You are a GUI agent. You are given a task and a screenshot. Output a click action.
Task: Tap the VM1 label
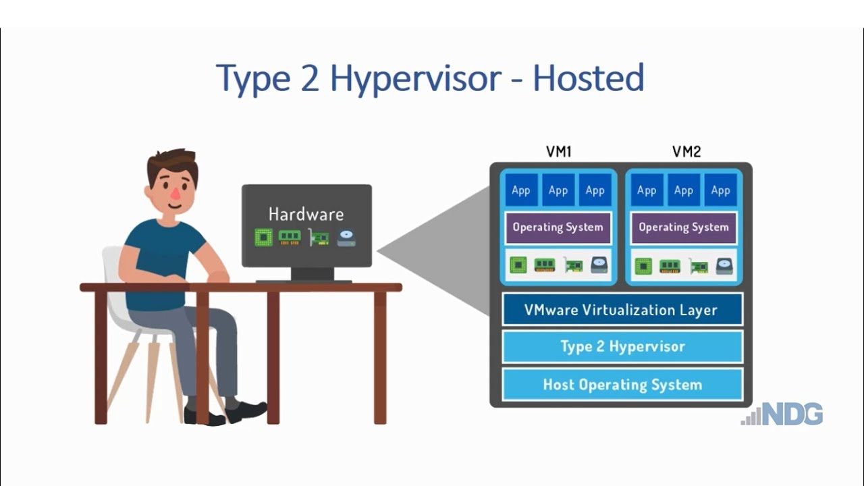pos(558,152)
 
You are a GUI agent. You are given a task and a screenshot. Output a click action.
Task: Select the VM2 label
pos(686,152)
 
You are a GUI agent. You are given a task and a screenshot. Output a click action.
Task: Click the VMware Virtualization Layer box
pos(622,310)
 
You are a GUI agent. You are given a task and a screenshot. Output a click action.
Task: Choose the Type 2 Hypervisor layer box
pos(622,347)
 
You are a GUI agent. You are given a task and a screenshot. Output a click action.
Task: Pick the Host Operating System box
pos(622,385)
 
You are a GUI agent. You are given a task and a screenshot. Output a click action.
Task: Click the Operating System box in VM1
pos(558,227)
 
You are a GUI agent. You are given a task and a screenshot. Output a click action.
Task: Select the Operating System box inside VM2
pos(684,227)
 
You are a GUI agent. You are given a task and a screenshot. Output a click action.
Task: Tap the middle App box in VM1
pos(558,190)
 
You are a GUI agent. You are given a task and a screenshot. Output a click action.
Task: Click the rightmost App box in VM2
pos(721,190)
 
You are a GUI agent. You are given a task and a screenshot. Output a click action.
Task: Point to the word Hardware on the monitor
pos(306,215)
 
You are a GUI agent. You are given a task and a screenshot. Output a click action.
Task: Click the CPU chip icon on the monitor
pos(263,238)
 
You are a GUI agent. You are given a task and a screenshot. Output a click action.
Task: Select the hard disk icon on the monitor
pos(346,238)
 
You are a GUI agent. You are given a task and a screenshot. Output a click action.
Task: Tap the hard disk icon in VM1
pos(599,265)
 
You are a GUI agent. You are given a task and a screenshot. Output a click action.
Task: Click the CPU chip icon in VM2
pos(643,266)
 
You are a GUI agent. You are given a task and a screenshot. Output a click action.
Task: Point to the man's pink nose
pos(175,194)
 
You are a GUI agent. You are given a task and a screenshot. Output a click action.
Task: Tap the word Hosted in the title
pos(588,80)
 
